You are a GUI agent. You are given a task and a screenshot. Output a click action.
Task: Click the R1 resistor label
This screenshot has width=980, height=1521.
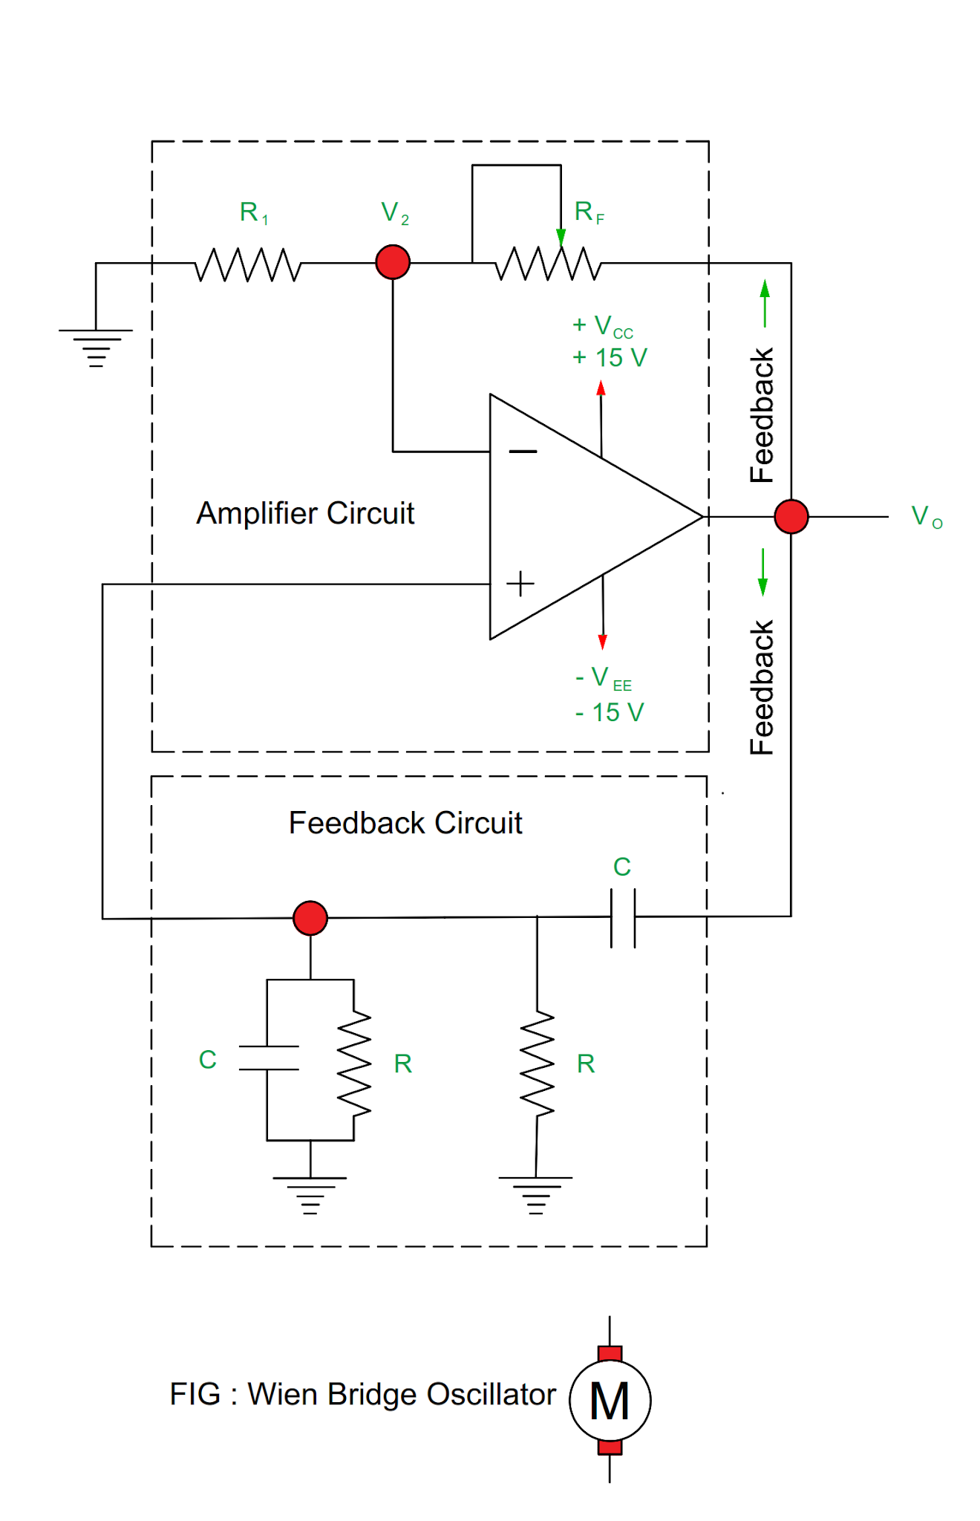(x=253, y=212)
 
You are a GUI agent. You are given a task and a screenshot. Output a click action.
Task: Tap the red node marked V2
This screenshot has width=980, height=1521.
(x=393, y=262)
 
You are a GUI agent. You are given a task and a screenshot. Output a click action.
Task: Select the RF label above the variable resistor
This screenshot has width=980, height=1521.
(x=589, y=212)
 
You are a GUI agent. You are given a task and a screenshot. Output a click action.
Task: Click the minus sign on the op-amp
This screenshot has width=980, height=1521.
(x=523, y=451)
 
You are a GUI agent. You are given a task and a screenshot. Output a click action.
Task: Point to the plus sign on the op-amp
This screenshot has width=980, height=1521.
(x=520, y=584)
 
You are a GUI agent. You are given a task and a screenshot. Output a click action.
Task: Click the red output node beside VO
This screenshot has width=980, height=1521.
(x=791, y=516)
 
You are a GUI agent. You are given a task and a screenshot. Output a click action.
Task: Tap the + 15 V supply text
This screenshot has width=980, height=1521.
(x=610, y=358)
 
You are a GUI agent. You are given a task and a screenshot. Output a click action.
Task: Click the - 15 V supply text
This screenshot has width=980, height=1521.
(x=609, y=712)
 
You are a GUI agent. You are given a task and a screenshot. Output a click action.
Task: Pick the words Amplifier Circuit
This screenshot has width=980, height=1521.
(x=305, y=513)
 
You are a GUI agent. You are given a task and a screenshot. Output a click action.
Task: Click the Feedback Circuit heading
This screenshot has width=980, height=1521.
(x=405, y=823)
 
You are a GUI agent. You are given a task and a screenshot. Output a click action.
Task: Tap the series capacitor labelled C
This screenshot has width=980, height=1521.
(x=623, y=918)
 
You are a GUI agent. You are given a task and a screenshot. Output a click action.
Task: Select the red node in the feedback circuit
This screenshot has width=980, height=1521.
(x=310, y=918)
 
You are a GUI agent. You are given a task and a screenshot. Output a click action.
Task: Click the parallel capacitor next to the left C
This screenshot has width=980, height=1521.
(x=268, y=1058)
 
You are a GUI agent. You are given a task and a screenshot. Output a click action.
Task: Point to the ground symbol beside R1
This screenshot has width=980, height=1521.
(x=96, y=347)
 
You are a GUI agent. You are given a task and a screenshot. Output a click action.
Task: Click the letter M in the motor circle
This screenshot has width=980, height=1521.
(x=610, y=1401)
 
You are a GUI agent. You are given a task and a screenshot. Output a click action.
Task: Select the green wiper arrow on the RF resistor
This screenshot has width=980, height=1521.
(x=561, y=237)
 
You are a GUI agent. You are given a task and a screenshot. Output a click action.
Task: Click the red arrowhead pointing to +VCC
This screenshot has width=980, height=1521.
(x=601, y=388)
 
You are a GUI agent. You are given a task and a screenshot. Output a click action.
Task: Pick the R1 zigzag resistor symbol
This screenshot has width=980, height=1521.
(x=248, y=264)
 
